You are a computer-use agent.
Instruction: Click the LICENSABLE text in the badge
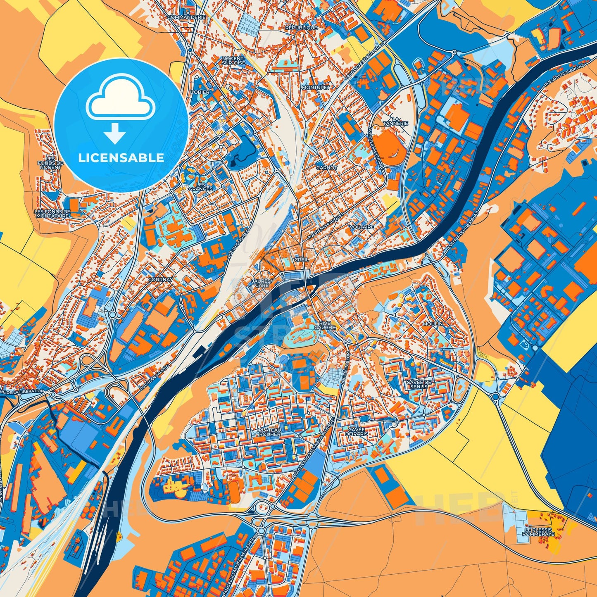[121, 158]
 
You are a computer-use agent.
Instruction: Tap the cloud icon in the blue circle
[120, 101]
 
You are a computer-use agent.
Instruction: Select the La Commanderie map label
[187, 15]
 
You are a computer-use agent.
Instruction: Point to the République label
[301, 28]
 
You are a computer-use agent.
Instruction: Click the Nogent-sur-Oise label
[233, 61]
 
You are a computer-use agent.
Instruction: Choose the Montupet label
[316, 88]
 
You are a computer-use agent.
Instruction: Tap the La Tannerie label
[395, 121]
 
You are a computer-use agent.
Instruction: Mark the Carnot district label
[326, 168]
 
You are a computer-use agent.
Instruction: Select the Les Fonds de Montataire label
[52, 214]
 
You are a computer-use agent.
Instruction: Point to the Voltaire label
[362, 227]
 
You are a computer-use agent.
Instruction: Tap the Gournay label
[160, 280]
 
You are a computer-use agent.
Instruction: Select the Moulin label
[433, 324]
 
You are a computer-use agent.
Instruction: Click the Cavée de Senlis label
[419, 384]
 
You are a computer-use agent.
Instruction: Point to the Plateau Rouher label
[269, 432]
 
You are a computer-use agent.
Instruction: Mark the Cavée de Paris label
[357, 432]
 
